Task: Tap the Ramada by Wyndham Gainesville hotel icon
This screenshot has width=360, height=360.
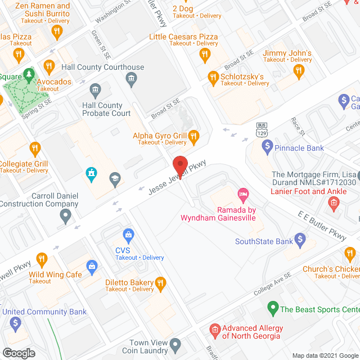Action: coord(243,195)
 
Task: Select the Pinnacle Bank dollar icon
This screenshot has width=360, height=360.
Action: coord(268,148)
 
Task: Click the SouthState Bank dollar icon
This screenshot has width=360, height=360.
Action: coord(300,241)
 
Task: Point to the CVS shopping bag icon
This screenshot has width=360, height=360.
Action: coord(129,234)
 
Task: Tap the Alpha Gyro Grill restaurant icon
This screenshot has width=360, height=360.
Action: coord(194,136)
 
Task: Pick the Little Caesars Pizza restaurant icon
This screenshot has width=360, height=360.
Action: coord(205,54)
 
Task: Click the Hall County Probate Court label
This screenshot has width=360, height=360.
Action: coord(106,110)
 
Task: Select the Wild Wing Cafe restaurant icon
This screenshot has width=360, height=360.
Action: coord(41,259)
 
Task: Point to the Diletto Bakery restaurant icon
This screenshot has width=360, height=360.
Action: coord(161,282)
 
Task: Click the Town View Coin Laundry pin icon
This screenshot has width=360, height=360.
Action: coord(175,343)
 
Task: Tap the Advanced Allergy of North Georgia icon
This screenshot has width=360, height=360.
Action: coord(214,328)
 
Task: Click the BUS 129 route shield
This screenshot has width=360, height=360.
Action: coord(261,129)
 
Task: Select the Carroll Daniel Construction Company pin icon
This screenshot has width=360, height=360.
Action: coord(66,215)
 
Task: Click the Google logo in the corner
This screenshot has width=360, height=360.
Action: coord(19,353)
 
